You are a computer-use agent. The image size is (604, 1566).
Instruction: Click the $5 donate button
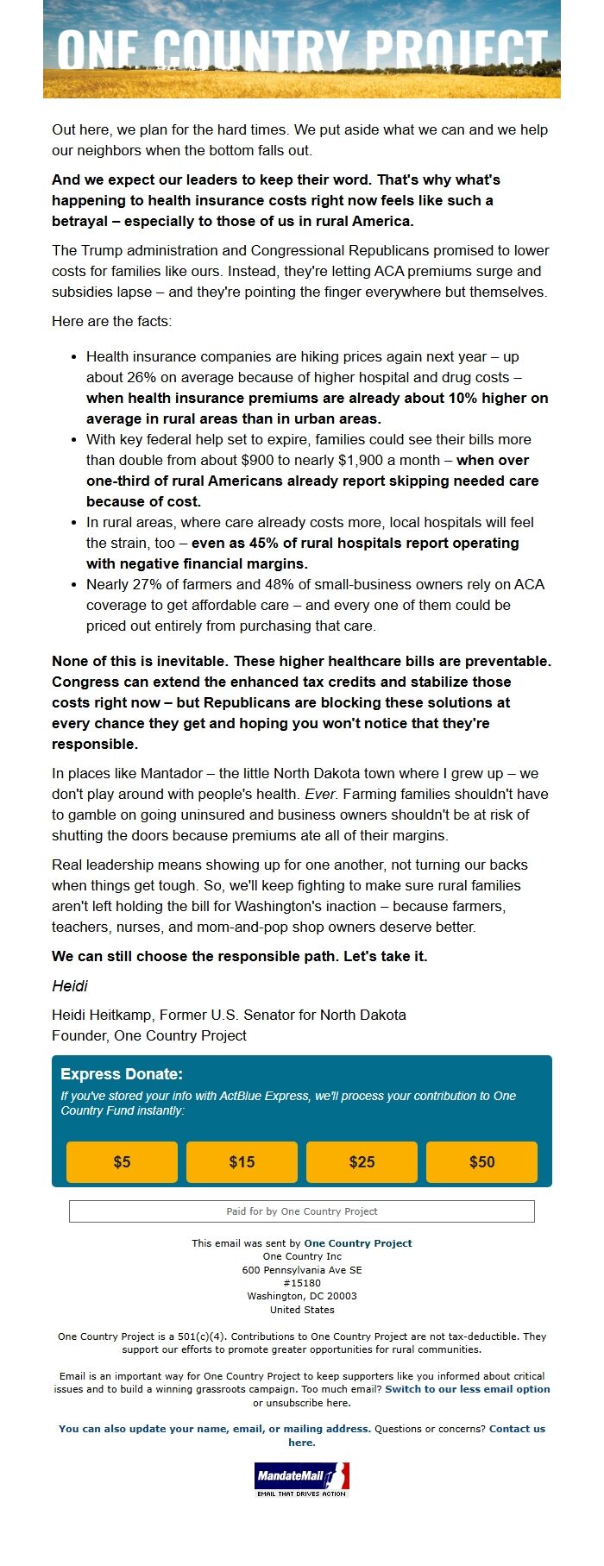point(122,1162)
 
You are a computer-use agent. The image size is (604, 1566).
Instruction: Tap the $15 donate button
point(242,1162)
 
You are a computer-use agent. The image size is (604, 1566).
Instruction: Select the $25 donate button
point(362,1162)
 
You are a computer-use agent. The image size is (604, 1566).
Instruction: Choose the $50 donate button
point(481,1162)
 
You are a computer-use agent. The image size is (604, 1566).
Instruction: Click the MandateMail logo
point(302,1478)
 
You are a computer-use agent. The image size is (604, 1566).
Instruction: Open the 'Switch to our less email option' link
point(467,1389)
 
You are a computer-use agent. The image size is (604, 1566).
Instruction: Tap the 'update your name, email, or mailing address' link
point(215,1429)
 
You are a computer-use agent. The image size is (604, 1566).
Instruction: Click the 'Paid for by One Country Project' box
point(302,1211)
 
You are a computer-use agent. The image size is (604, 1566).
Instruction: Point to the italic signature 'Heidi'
point(70,985)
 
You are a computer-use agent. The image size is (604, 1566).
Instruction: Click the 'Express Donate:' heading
point(122,1074)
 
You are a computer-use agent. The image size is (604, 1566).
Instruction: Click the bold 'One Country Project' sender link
point(357,1243)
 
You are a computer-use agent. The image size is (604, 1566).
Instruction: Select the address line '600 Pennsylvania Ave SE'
point(302,1270)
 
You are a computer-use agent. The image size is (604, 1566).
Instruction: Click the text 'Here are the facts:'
point(111,321)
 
